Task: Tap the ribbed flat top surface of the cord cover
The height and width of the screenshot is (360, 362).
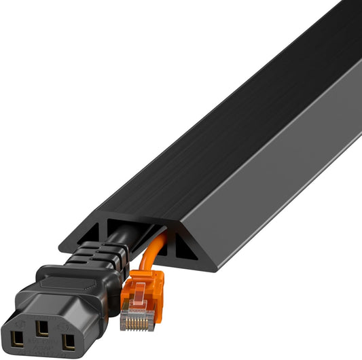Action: pos(204,136)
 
